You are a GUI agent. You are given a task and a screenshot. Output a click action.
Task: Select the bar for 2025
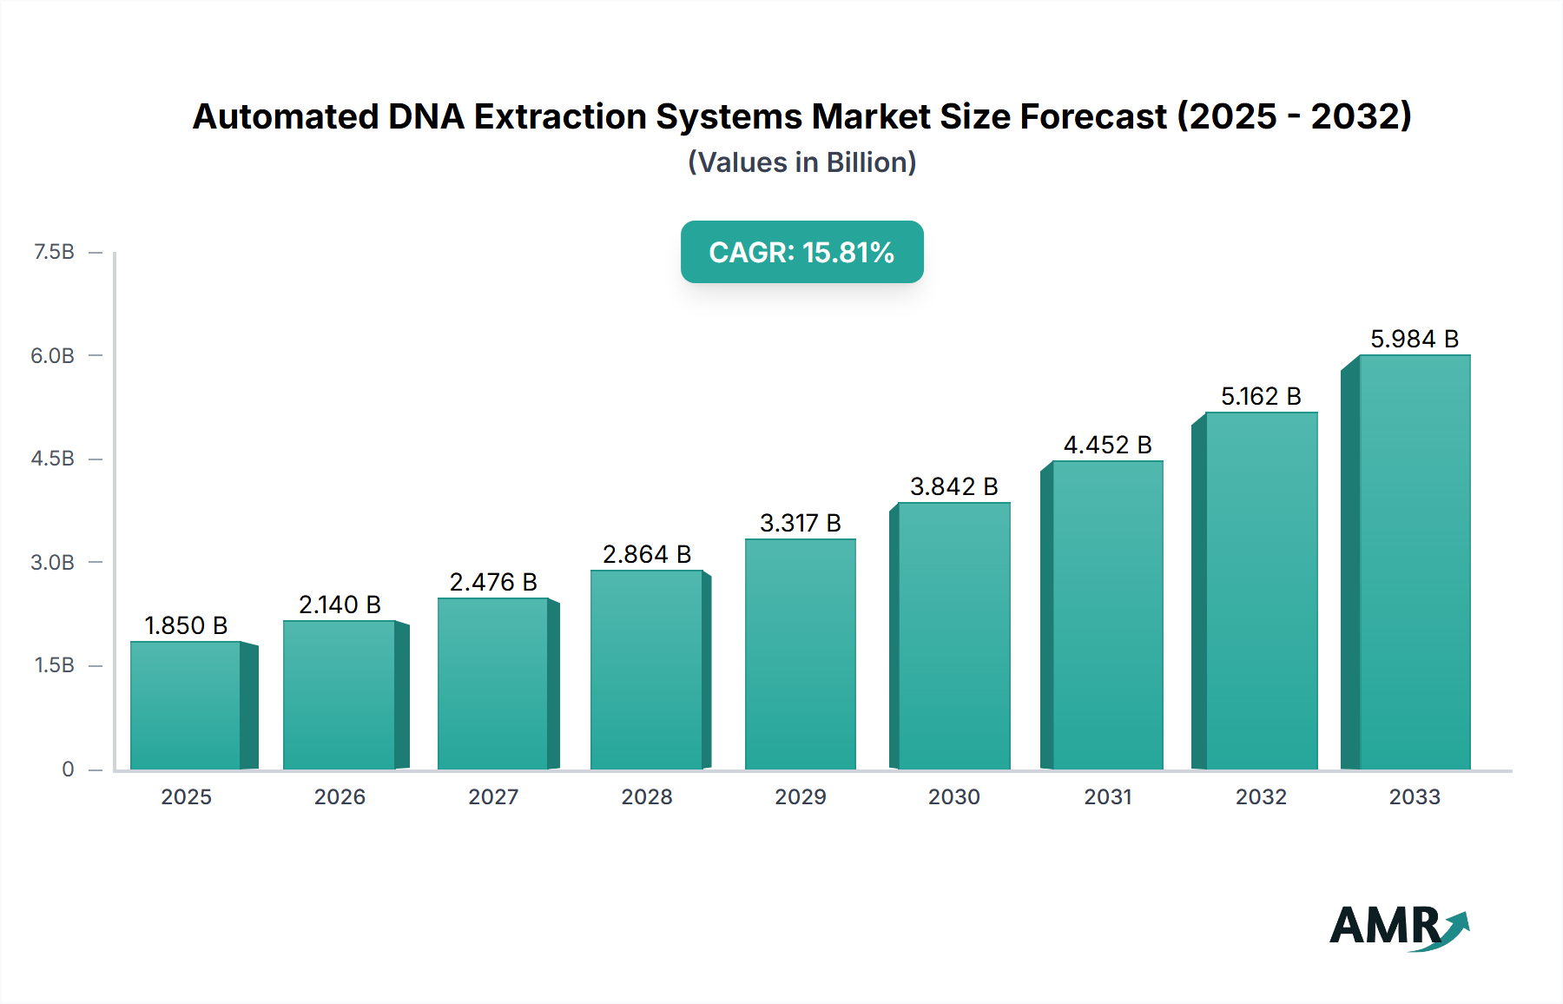pos(185,705)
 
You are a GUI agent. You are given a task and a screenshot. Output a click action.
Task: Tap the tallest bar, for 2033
pos(1414,562)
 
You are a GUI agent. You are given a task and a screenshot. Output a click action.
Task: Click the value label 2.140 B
pos(340,604)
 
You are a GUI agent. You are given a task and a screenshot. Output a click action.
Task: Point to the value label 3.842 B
pos(953,486)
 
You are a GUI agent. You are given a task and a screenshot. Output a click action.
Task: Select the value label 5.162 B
pos(1261,396)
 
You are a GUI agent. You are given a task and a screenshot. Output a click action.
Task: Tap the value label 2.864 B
pos(647,554)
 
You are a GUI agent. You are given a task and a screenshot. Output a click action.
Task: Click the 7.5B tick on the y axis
pos(54,252)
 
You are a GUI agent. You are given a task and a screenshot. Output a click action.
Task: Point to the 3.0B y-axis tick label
pos(53,562)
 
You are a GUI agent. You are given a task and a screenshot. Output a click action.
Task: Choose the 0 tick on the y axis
pos(68,769)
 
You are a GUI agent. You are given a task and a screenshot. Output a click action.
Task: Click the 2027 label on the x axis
pos(493,796)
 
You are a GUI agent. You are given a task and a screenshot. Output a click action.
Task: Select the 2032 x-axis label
pos(1261,796)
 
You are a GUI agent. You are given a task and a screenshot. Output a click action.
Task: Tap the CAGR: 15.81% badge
pos(801,252)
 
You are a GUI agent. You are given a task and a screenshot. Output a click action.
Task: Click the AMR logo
pos(1398,927)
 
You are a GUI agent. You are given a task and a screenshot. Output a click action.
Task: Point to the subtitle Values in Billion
pos(801,162)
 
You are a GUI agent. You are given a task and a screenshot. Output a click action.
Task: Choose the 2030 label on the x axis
pos(953,796)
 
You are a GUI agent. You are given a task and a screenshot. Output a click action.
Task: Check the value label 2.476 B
pos(493,582)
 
